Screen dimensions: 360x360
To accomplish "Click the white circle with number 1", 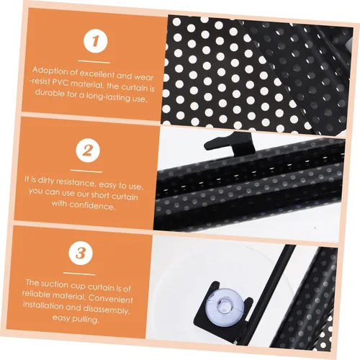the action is point(95,41).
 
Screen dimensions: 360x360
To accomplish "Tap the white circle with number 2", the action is point(87,150).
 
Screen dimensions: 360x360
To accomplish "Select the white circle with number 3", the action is point(80,253).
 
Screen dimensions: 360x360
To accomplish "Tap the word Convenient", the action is point(111,299).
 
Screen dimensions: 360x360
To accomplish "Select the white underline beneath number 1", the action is point(94,62).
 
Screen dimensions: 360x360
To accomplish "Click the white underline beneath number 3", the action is point(79,274).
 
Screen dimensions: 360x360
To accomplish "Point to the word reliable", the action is point(37,294).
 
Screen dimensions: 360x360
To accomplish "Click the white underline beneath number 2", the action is point(86,171).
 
